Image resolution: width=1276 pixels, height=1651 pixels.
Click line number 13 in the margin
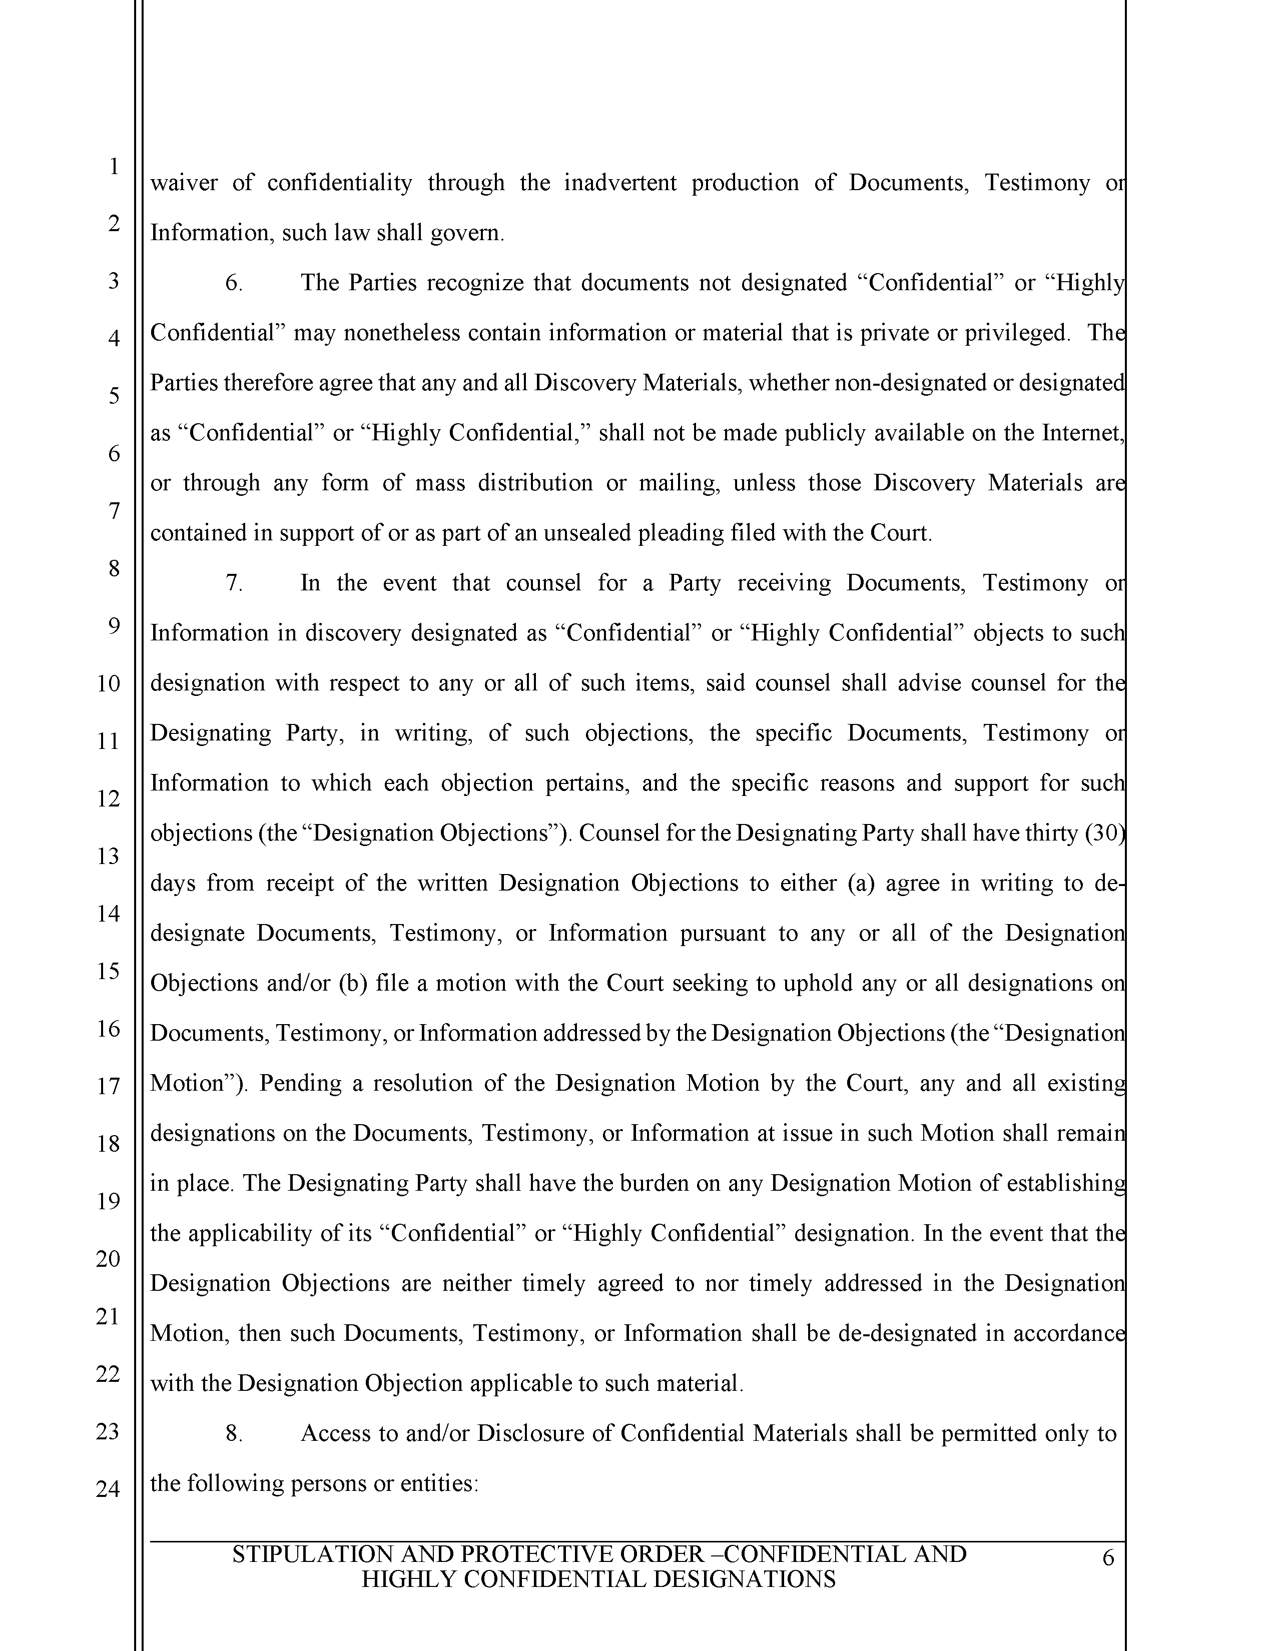pyautogui.click(x=108, y=856)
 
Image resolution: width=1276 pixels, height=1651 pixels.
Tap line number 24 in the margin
pyautogui.click(x=108, y=1488)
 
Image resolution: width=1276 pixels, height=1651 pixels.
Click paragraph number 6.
pyautogui.click(x=234, y=283)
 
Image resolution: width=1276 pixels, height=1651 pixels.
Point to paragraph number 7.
pyautogui.click(x=234, y=583)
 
